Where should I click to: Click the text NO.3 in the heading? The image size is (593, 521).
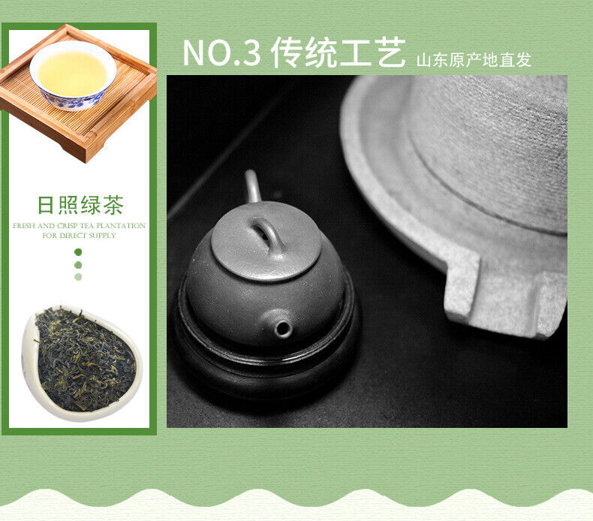coord(222,53)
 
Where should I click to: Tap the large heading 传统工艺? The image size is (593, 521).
coord(338,53)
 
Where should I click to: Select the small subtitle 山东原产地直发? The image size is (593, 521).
coord(474,60)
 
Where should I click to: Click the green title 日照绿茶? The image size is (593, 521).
coord(80,205)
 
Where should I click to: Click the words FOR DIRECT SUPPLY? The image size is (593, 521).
coord(79,235)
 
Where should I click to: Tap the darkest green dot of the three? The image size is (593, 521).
coord(78,252)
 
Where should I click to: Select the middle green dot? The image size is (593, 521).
coord(78,265)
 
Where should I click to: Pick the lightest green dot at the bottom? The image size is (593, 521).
coord(78,277)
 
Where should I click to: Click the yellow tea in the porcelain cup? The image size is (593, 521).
coord(72,74)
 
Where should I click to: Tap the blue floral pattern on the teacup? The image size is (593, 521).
coord(72,101)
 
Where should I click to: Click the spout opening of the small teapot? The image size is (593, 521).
coord(283,328)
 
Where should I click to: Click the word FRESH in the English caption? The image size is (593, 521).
coord(24,225)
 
